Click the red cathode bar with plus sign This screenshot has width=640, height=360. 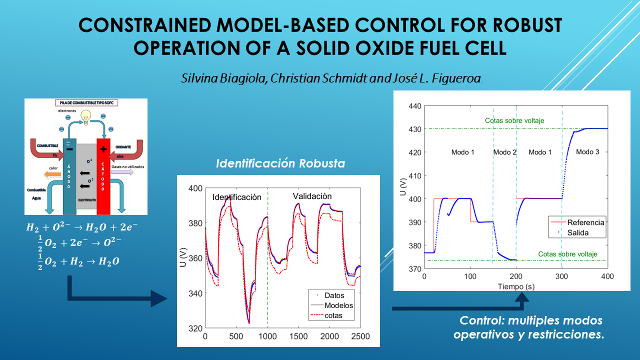[x=103, y=175]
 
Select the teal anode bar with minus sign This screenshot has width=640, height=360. [x=69, y=175]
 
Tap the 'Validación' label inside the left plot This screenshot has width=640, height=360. [x=312, y=196]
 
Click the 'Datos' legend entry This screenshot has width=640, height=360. [x=334, y=295]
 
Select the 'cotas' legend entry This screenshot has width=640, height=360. [x=334, y=316]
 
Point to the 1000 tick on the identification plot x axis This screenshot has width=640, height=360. [x=267, y=336]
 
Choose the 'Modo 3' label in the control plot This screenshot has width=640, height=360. [x=587, y=151]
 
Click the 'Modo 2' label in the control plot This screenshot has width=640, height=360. [x=504, y=152]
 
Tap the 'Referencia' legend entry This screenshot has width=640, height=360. [x=585, y=222]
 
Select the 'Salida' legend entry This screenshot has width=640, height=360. [x=578, y=232]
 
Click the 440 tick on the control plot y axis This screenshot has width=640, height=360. [x=415, y=106]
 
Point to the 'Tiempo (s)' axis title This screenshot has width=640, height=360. [x=515, y=286]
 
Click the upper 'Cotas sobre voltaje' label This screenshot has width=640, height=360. [x=514, y=120]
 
